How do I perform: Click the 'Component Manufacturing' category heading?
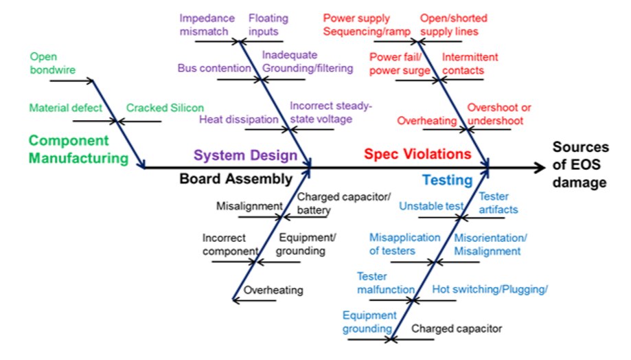[x=78, y=150]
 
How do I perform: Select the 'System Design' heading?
[x=245, y=155]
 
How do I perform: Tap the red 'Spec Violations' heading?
[x=417, y=154]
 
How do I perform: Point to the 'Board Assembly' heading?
[x=236, y=179]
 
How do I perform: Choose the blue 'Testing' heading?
[x=447, y=181]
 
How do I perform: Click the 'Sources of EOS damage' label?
[x=580, y=165]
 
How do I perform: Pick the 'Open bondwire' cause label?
[x=52, y=63]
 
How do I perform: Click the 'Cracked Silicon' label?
[x=165, y=108]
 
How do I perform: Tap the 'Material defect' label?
[x=66, y=108]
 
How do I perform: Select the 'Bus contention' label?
[x=214, y=68]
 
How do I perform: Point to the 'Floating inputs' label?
[x=268, y=25]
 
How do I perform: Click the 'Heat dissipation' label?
[x=238, y=120]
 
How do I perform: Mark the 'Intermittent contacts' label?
[x=470, y=63]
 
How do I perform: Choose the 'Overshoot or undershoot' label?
[x=499, y=114]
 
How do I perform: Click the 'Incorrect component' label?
[x=229, y=244]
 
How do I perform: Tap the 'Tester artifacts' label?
[x=498, y=203]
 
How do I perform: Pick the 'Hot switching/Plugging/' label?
[x=490, y=289]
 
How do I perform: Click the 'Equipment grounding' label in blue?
[x=369, y=322]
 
